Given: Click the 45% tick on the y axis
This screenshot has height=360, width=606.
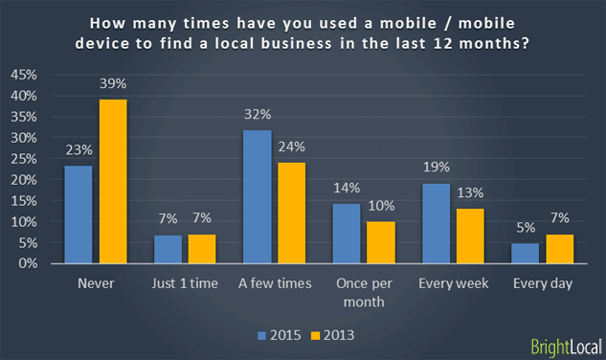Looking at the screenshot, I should point(24,75).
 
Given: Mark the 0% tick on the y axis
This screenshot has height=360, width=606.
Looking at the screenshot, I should point(27,263).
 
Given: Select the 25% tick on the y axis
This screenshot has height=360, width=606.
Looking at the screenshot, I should point(24,159).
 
